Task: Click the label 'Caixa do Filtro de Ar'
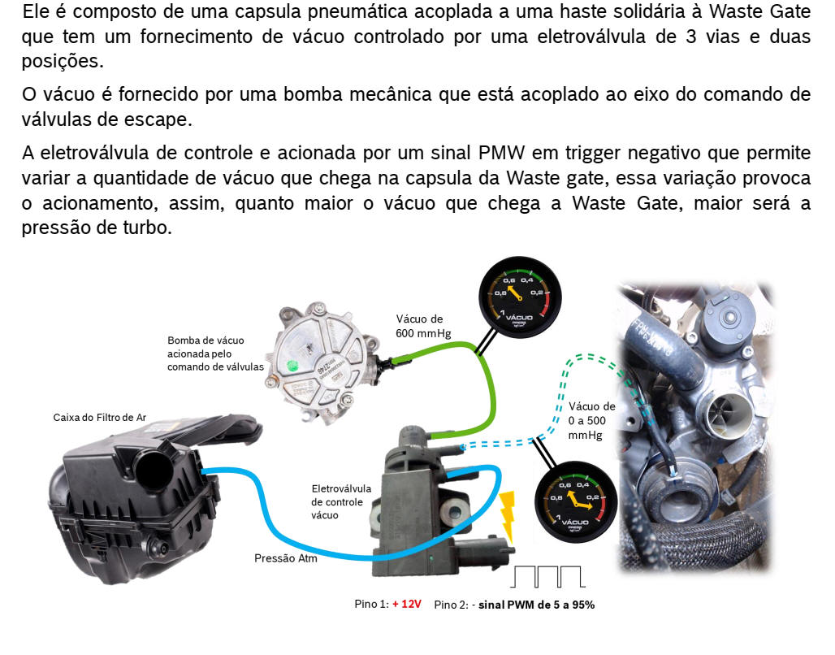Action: click(x=100, y=418)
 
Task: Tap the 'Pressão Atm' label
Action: click(x=285, y=558)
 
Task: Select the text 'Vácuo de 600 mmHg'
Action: click(x=423, y=326)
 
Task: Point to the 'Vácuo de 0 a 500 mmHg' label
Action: click(x=591, y=420)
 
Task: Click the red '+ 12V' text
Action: click(x=407, y=604)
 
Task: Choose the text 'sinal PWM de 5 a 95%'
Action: click(x=536, y=605)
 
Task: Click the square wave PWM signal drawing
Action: click(x=548, y=576)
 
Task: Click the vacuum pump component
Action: click(x=322, y=363)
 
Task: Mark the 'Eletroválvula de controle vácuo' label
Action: click(x=341, y=501)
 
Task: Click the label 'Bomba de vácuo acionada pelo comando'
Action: click(x=215, y=354)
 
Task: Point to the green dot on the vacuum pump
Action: click(x=292, y=367)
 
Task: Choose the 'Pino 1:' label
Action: click(x=371, y=604)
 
